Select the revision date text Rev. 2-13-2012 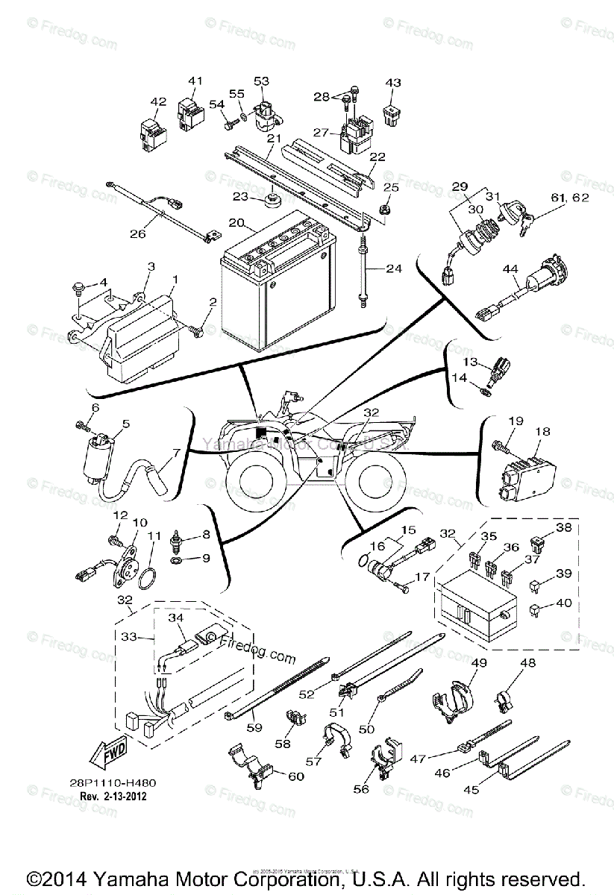click(x=113, y=796)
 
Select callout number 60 click(x=296, y=776)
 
